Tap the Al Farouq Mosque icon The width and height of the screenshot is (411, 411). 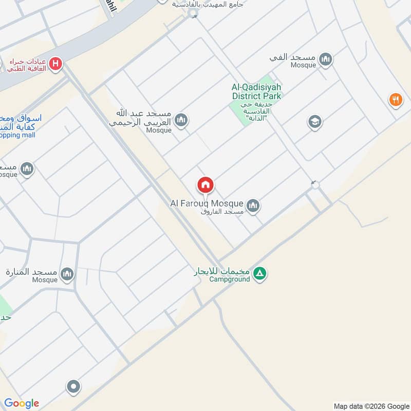coord(253,206)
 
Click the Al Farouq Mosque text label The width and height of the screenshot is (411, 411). coord(207,204)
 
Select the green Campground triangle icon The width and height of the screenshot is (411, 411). coord(260,273)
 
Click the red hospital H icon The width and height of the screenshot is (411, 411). coord(56,64)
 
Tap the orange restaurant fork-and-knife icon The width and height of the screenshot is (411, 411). coord(395,100)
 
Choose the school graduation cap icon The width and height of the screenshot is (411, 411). coord(314,122)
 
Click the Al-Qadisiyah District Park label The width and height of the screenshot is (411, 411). coord(256,91)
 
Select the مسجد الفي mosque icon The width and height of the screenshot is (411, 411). coord(325,60)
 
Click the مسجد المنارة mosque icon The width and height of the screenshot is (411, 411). coord(67,274)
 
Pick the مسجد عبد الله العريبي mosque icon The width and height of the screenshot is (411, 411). coord(181,121)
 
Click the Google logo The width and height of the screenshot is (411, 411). coord(22,403)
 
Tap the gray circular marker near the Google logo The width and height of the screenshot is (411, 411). coord(73,386)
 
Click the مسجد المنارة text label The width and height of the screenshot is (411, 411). coord(31,271)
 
